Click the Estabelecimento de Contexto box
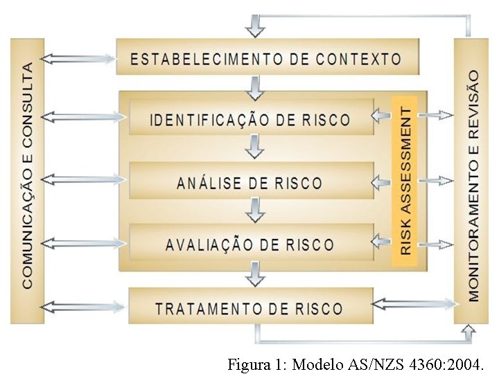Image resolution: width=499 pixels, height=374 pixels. [x=268, y=58]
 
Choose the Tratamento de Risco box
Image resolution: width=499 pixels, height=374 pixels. [x=249, y=308]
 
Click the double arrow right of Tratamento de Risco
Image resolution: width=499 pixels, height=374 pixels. [x=414, y=303]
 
